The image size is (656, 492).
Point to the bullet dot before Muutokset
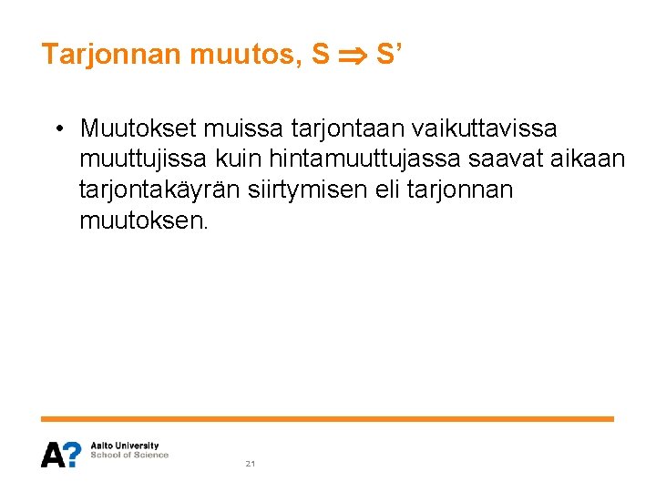57,128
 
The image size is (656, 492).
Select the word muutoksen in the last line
144,220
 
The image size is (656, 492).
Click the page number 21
251,464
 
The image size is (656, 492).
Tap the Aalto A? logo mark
61,454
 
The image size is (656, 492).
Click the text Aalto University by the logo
125,446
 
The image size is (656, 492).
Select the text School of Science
129,456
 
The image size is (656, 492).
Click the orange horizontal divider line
327,419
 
